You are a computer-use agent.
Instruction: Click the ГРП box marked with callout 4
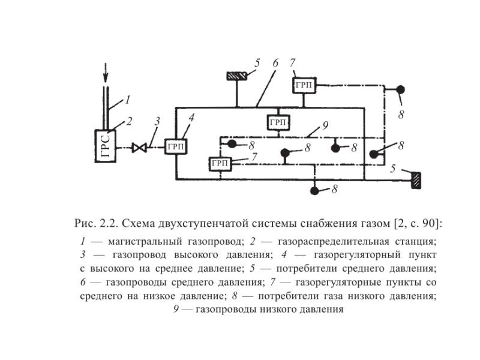pyautogui.click(x=176, y=146)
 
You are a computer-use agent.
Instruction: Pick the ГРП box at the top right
pyautogui.click(x=304, y=85)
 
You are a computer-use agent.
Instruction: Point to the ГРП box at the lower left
pyautogui.click(x=221, y=163)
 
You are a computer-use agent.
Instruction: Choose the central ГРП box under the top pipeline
pyautogui.click(x=278, y=122)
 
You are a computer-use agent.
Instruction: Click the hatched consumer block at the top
pyautogui.click(x=237, y=76)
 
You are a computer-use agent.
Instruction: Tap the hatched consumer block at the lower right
pyautogui.click(x=414, y=179)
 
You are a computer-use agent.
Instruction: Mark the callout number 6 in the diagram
pyautogui.click(x=275, y=63)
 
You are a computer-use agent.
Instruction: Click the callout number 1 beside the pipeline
pyautogui.click(x=128, y=100)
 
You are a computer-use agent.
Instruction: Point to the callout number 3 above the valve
pyautogui.click(x=157, y=122)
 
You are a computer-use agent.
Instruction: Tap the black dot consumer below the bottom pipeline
pyautogui.click(x=314, y=191)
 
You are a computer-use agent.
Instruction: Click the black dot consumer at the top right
pyautogui.click(x=400, y=90)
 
